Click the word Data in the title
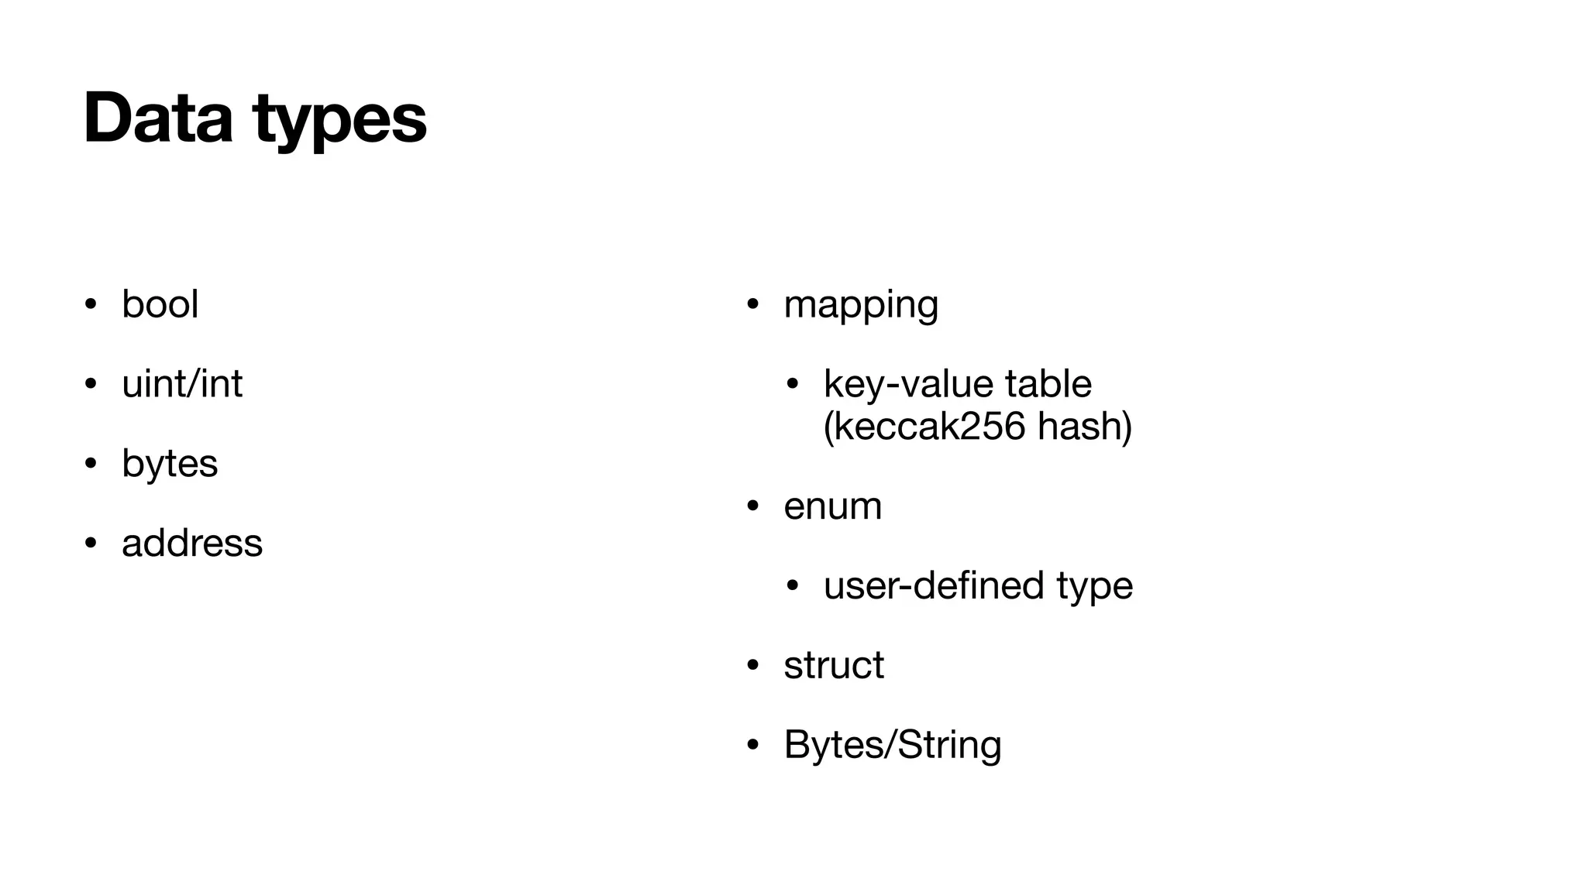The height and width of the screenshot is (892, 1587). [x=158, y=118]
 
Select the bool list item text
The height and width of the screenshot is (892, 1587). [x=160, y=304]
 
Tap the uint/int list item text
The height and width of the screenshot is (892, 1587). [x=182, y=383]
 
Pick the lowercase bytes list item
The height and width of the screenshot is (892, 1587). [x=170, y=464]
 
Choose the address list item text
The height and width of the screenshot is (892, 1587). [x=192, y=543]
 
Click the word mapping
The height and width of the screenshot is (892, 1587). [x=861, y=304]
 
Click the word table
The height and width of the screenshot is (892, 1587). [x=1048, y=383]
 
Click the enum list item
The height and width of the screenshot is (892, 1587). [x=832, y=506]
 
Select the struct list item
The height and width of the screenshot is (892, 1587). [x=834, y=665]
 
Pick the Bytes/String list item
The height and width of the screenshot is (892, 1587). [x=893, y=745]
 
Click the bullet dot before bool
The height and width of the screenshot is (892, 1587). [x=91, y=304]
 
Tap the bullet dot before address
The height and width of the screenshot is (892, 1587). [x=91, y=543]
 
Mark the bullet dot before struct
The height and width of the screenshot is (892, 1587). [x=752, y=665]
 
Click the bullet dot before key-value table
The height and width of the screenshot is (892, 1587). [x=792, y=383]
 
